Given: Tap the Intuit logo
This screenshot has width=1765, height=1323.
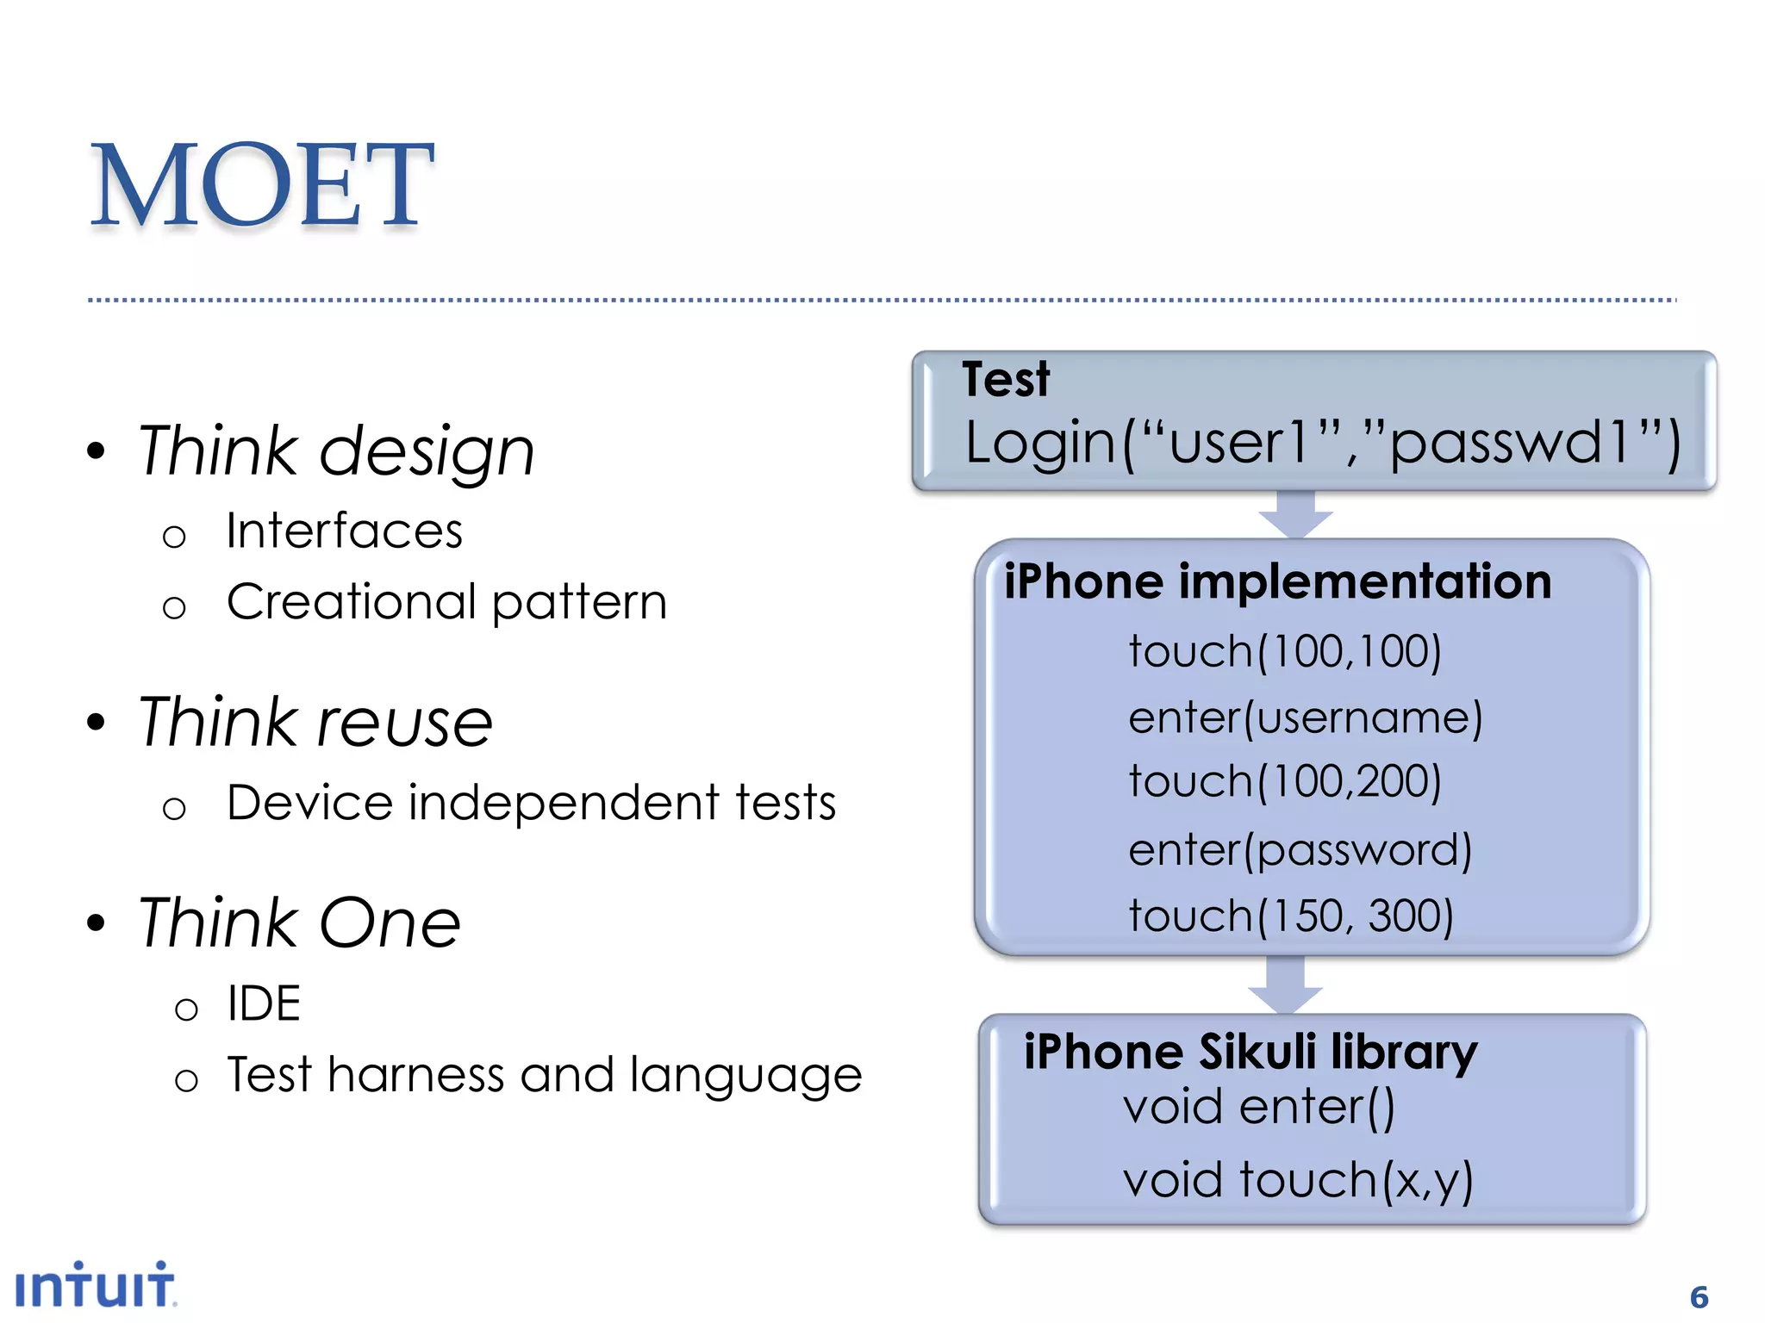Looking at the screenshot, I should click(x=95, y=1286).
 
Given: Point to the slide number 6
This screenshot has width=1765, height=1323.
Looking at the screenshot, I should click(x=1699, y=1297).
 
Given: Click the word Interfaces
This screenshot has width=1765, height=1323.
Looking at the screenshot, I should click(x=344, y=531).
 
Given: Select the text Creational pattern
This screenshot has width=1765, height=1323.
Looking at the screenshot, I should click(x=446, y=601).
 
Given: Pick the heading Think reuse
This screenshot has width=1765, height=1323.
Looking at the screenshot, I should click(x=315, y=722).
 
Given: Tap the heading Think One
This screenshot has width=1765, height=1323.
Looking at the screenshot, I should click(x=299, y=922).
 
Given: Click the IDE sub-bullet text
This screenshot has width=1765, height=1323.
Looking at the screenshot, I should click(x=263, y=1003).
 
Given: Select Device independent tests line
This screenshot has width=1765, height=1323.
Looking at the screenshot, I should click(x=531, y=803).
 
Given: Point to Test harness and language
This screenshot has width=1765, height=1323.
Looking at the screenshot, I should click(x=544, y=1075).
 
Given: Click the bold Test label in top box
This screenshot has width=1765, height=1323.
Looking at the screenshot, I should click(x=1006, y=380).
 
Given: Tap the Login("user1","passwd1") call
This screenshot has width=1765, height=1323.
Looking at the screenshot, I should click(x=1322, y=442).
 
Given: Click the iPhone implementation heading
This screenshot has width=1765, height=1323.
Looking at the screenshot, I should click(x=1277, y=581).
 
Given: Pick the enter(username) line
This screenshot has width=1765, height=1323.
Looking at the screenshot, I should click(x=1305, y=717).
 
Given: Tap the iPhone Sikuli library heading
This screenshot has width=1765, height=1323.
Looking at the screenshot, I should click(x=1250, y=1052).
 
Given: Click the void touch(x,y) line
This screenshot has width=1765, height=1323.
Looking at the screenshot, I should click(x=1298, y=1179).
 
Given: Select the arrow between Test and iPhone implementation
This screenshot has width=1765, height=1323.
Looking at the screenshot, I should click(x=1295, y=514).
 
